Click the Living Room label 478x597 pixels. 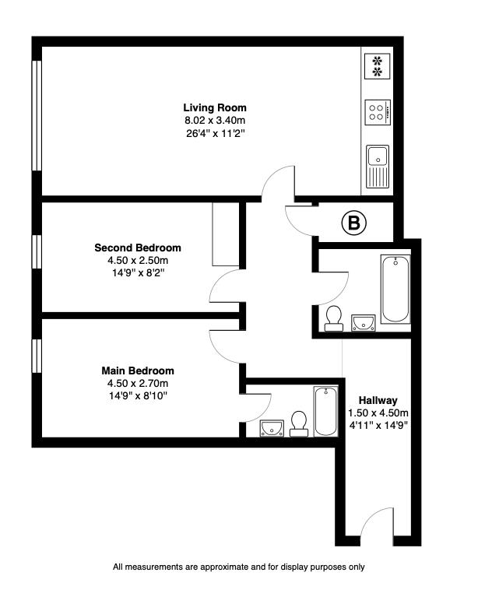pyautogui.click(x=215, y=107)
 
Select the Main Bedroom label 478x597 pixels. pyautogui.click(x=138, y=370)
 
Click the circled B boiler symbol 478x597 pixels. pyautogui.click(x=354, y=224)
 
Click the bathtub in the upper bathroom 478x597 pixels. pyautogui.click(x=395, y=290)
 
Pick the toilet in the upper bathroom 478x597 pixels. pyautogui.click(x=335, y=318)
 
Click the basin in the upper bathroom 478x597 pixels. pyautogui.click(x=363, y=322)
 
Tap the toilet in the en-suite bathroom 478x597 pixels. pyautogui.click(x=297, y=423)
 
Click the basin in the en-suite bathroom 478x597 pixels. pyautogui.click(x=270, y=427)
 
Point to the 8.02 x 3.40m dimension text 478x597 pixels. pyautogui.click(x=215, y=121)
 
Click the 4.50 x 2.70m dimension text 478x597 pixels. pyautogui.click(x=138, y=383)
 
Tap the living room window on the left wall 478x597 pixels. pyautogui.click(x=35, y=114)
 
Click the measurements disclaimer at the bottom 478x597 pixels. pyautogui.click(x=239, y=567)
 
